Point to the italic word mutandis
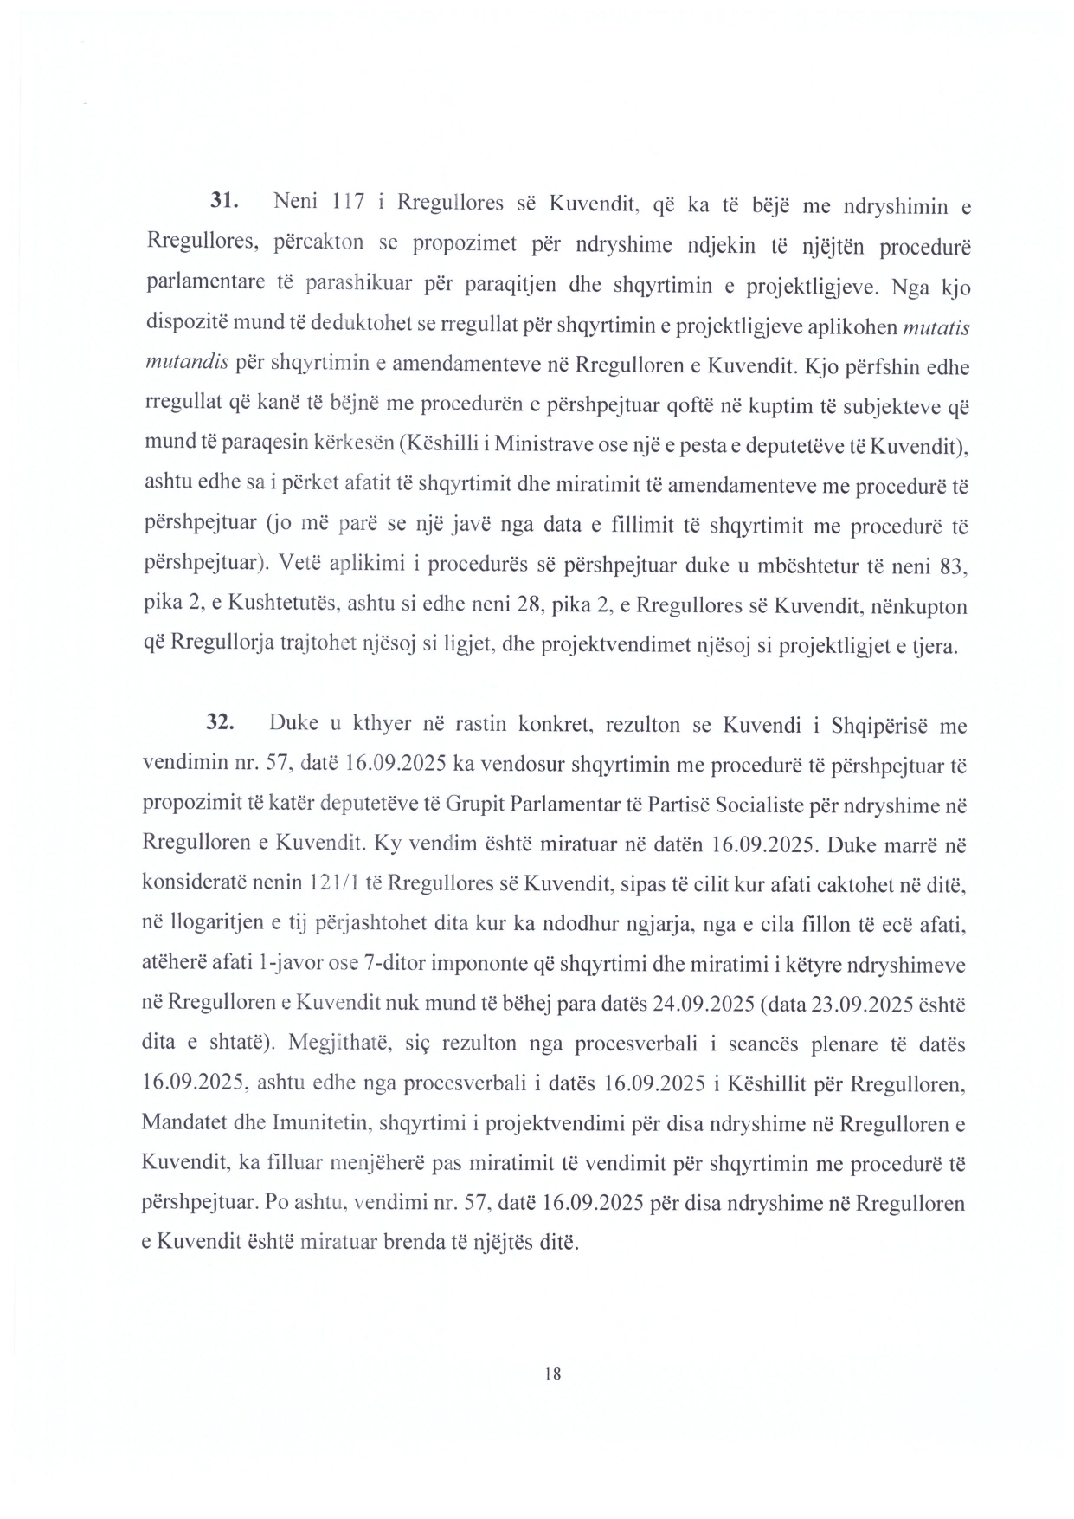click(x=186, y=363)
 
